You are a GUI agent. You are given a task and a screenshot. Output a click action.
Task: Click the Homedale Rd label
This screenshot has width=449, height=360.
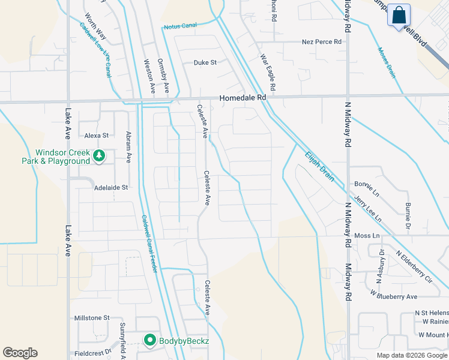[243, 97]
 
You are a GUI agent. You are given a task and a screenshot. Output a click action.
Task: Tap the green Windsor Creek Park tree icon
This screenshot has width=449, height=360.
[99, 157]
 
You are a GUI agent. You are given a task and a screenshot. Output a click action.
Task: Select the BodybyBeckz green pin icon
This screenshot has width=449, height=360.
[150, 341]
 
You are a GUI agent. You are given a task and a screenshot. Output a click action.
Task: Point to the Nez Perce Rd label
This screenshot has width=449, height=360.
[321, 42]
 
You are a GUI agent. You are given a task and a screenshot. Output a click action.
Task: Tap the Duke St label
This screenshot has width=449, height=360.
[205, 62]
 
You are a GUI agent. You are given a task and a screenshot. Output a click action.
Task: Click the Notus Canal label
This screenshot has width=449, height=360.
[180, 26]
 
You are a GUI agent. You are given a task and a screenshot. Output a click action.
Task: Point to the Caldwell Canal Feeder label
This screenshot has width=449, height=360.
[149, 244]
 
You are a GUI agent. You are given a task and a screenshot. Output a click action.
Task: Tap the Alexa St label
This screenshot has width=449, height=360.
[96, 136]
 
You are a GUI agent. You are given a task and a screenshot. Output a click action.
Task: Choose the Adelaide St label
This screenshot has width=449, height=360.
[111, 187]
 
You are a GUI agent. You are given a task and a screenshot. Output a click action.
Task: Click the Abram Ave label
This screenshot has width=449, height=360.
[128, 147]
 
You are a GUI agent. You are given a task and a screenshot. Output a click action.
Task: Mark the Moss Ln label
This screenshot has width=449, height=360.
[367, 236]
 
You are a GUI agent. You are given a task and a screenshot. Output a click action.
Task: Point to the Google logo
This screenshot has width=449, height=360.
[20, 353]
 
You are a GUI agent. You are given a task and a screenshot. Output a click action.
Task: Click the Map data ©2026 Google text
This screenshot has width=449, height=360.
[412, 355]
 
